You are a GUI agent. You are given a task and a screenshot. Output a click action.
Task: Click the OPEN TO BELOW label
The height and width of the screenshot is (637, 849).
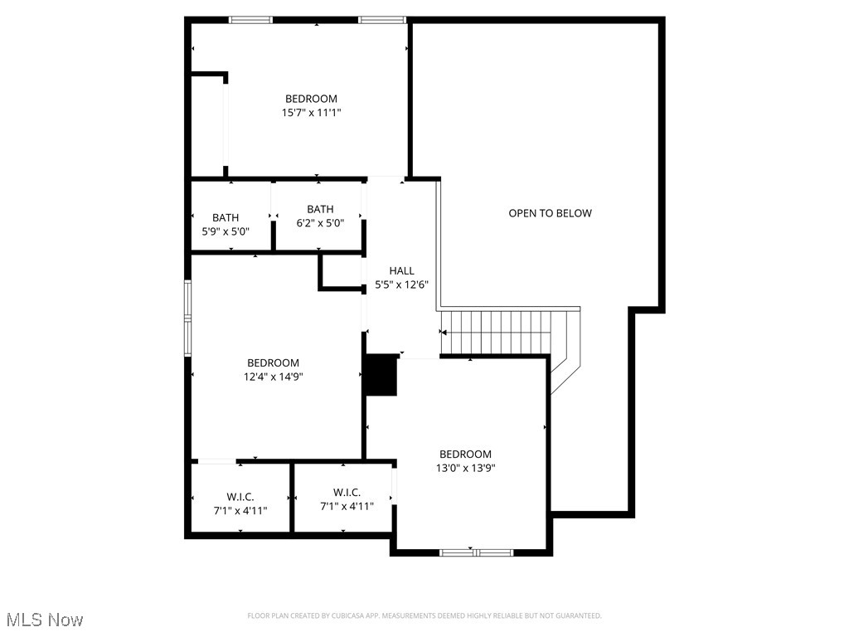(x=550, y=213)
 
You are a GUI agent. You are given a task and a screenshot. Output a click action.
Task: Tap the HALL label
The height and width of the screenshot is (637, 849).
(x=401, y=270)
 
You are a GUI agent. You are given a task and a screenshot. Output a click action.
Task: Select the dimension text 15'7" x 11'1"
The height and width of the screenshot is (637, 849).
(x=311, y=112)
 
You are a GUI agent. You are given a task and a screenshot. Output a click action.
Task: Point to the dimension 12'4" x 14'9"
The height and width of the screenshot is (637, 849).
(x=273, y=377)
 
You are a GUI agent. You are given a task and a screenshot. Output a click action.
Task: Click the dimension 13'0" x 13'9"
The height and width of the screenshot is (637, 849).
(x=465, y=468)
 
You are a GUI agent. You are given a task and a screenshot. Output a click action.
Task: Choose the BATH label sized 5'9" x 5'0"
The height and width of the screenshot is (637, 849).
(x=225, y=217)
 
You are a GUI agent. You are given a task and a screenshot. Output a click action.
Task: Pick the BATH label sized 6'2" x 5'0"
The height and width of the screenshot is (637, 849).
(x=320, y=209)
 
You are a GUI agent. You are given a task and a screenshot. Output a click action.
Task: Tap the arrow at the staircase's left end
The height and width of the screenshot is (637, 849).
(x=444, y=333)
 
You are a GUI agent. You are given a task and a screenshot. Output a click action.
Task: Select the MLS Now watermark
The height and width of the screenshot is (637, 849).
(x=45, y=620)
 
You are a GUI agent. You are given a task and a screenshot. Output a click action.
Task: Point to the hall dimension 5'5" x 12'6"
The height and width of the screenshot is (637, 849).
(x=401, y=284)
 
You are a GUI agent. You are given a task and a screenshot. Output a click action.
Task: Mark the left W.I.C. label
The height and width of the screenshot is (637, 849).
(x=240, y=496)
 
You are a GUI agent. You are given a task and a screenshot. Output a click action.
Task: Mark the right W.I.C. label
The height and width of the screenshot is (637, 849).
(x=347, y=492)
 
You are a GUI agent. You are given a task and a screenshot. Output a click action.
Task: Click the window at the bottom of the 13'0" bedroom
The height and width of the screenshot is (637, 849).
(x=476, y=552)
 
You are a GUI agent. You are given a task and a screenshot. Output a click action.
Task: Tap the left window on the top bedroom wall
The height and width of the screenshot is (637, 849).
(x=250, y=20)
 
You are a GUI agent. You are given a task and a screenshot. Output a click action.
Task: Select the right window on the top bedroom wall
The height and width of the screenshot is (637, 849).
(x=381, y=20)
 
